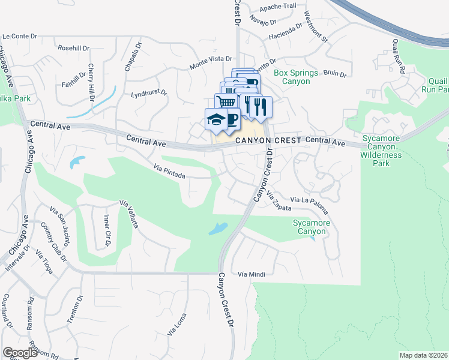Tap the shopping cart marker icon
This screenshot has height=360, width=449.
click(x=225, y=102)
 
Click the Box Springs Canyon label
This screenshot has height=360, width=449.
click(x=296, y=77)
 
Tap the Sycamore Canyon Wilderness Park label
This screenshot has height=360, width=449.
click(x=382, y=150)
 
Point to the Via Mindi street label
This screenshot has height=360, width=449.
click(x=251, y=274)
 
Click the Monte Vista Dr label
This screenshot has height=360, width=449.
click(x=211, y=59)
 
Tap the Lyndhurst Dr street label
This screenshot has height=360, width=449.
click(x=149, y=94)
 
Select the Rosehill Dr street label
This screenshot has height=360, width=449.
click(x=73, y=47)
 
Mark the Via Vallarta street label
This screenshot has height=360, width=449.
click(x=130, y=214)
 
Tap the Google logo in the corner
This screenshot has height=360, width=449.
click(x=20, y=352)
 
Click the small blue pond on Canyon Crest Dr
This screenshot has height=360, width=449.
click(x=217, y=229)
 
